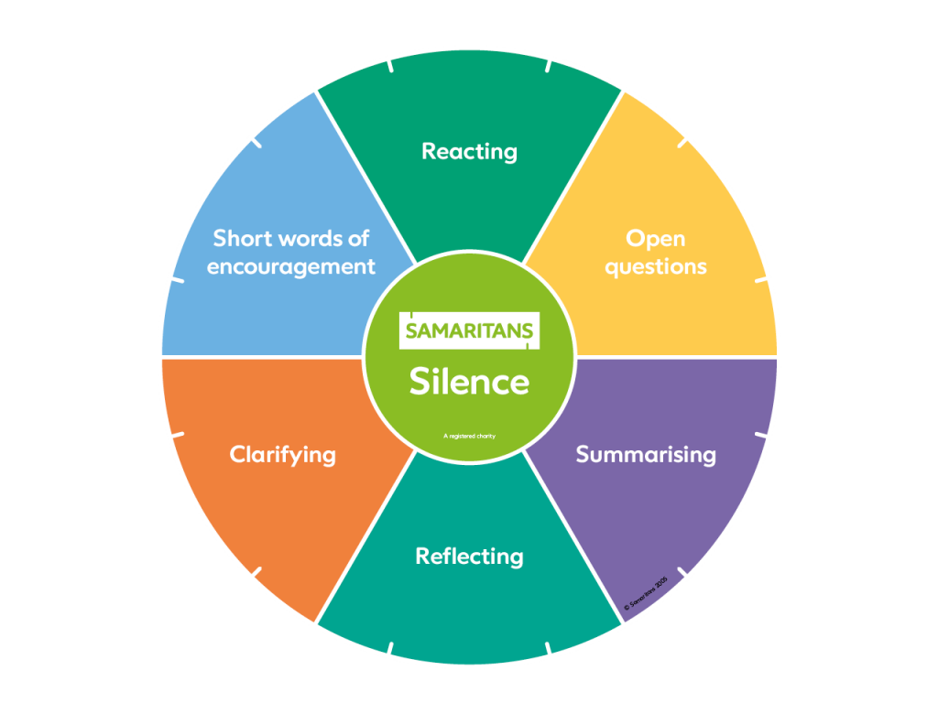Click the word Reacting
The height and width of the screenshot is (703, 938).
click(470, 152)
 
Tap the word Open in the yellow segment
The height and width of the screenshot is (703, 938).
click(656, 239)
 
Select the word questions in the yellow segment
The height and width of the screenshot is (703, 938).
click(656, 267)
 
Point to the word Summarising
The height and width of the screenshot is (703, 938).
click(646, 455)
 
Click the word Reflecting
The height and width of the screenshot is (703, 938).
click(470, 557)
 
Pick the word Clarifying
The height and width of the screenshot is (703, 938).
click(283, 455)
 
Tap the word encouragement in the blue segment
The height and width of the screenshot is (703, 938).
click(291, 267)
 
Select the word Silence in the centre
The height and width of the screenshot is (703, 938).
click(470, 382)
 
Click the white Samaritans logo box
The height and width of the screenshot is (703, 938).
click(470, 330)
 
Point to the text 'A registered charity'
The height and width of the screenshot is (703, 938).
click(470, 436)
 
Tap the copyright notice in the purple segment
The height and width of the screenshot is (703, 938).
click(646, 593)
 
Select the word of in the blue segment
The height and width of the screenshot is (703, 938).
click(358, 238)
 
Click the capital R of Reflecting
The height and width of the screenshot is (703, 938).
click(423, 556)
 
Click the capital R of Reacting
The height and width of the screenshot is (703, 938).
click(430, 151)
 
